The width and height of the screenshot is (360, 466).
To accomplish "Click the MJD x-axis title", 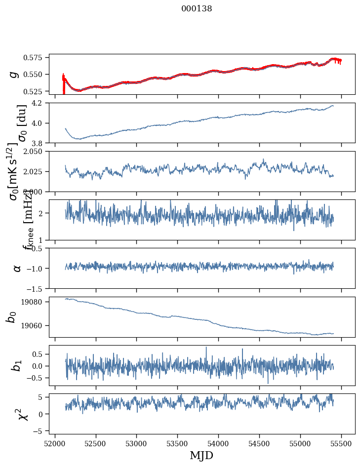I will tap(201, 455).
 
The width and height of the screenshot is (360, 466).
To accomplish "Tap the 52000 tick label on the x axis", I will tap(55, 443).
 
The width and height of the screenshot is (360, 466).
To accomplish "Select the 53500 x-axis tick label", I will tap(178, 443).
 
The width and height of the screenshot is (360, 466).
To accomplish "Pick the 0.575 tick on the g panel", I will tap(37, 58).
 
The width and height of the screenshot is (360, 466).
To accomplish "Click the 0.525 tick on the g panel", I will tap(37, 91).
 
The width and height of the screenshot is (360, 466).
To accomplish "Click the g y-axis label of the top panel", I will tap(14, 74).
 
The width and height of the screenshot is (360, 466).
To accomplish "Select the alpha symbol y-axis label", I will tap(17, 268).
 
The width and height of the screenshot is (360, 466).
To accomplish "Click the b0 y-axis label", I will tap(11, 317).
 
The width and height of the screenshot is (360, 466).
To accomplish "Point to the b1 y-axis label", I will tap(17, 365).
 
